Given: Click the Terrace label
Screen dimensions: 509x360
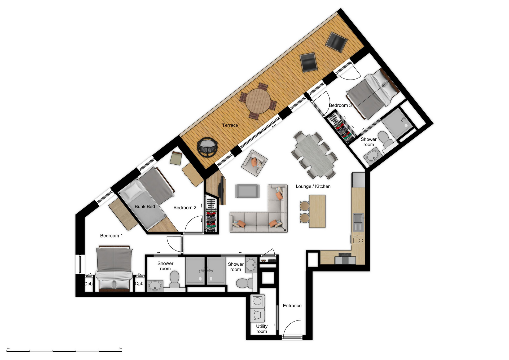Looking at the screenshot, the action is [x=230, y=125].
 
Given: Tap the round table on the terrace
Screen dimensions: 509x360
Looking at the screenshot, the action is [x=258, y=101].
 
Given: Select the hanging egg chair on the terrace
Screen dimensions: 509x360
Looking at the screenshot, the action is [x=207, y=147].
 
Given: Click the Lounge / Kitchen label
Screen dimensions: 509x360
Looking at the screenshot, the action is [x=313, y=186].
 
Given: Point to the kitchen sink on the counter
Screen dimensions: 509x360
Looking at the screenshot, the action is [x=358, y=222].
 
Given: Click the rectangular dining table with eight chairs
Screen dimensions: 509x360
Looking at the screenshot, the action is [x=314, y=155].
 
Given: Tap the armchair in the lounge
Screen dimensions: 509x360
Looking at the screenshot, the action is [x=254, y=163].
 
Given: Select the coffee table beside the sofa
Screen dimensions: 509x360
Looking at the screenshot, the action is [x=247, y=191].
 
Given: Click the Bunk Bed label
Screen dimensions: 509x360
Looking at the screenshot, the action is [x=145, y=207].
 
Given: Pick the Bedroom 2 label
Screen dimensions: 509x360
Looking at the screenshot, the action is [x=185, y=208].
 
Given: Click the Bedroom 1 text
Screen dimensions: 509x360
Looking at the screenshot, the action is [x=111, y=236].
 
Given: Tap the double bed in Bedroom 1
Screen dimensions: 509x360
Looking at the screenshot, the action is [x=114, y=269].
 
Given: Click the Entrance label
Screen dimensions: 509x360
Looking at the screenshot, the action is [x=292, y=306].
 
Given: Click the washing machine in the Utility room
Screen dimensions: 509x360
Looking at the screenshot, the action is [x=257, y=301].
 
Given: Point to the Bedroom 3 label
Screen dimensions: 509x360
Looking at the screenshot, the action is [x=340, y=105].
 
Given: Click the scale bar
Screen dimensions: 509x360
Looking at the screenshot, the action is [x=64, y=351].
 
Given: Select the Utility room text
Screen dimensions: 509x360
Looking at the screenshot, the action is [x=262, y=329].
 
